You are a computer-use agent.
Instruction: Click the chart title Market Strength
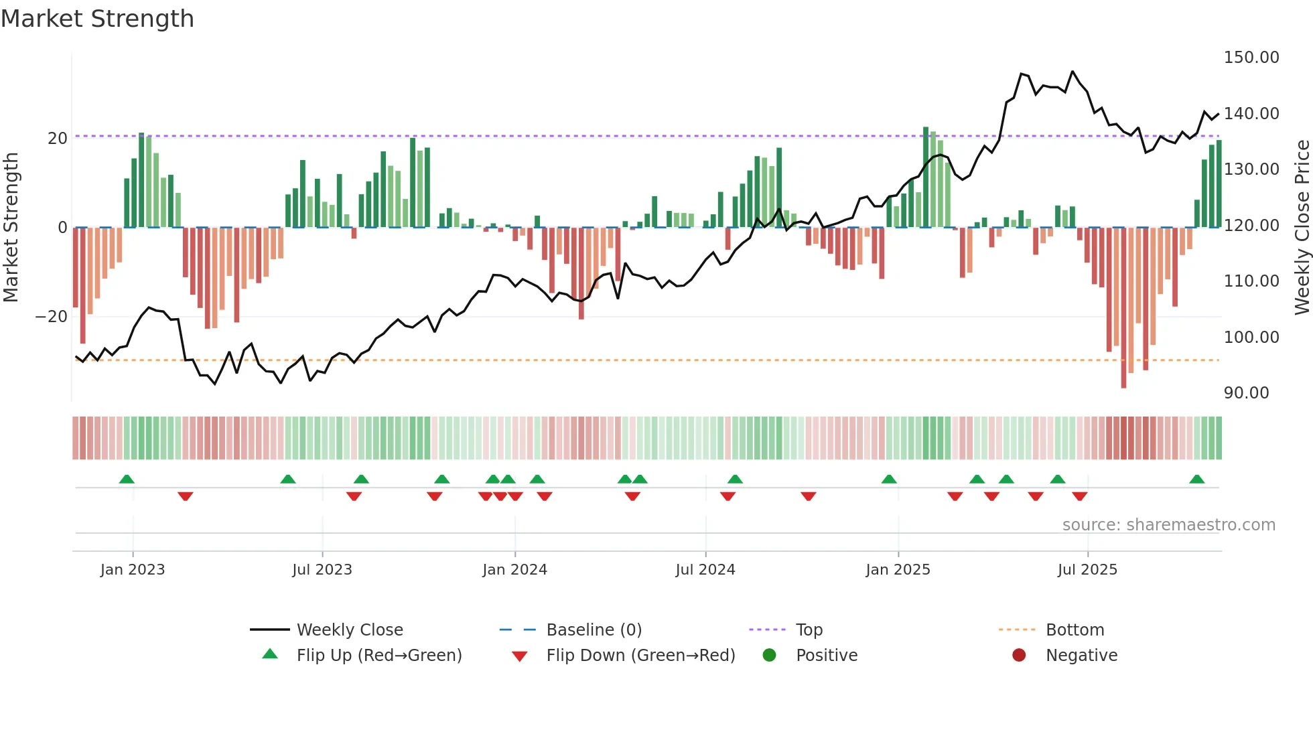(x=98, y=19)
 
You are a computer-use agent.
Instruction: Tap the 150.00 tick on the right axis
(x=1251, y=58)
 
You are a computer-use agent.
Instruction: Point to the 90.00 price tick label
(x=1246, y=393)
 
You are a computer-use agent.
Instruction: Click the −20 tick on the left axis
(x=52, y=317)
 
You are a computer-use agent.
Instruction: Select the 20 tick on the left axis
(x=58, y=139)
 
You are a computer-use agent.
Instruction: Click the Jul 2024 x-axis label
(x=705, y=570)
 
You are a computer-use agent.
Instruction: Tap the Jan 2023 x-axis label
(x=133, y=570)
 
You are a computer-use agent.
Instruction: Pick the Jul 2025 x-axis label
(x=1087, y=570)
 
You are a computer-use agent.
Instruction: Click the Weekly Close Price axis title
(x=1302, y=228)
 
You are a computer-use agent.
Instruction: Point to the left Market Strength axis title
(x=11, y=228)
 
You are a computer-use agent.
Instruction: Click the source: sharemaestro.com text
(x=1168, y=525)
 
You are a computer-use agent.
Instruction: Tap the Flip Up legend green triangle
(x=270, y=654)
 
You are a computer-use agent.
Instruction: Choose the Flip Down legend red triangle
(x=519, y=656)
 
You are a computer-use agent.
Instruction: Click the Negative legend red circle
(x=1018, y=655)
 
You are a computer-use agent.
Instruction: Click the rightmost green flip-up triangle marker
(x=1196, y=479)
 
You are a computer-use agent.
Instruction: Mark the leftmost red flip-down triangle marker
(x=186, y=496)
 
